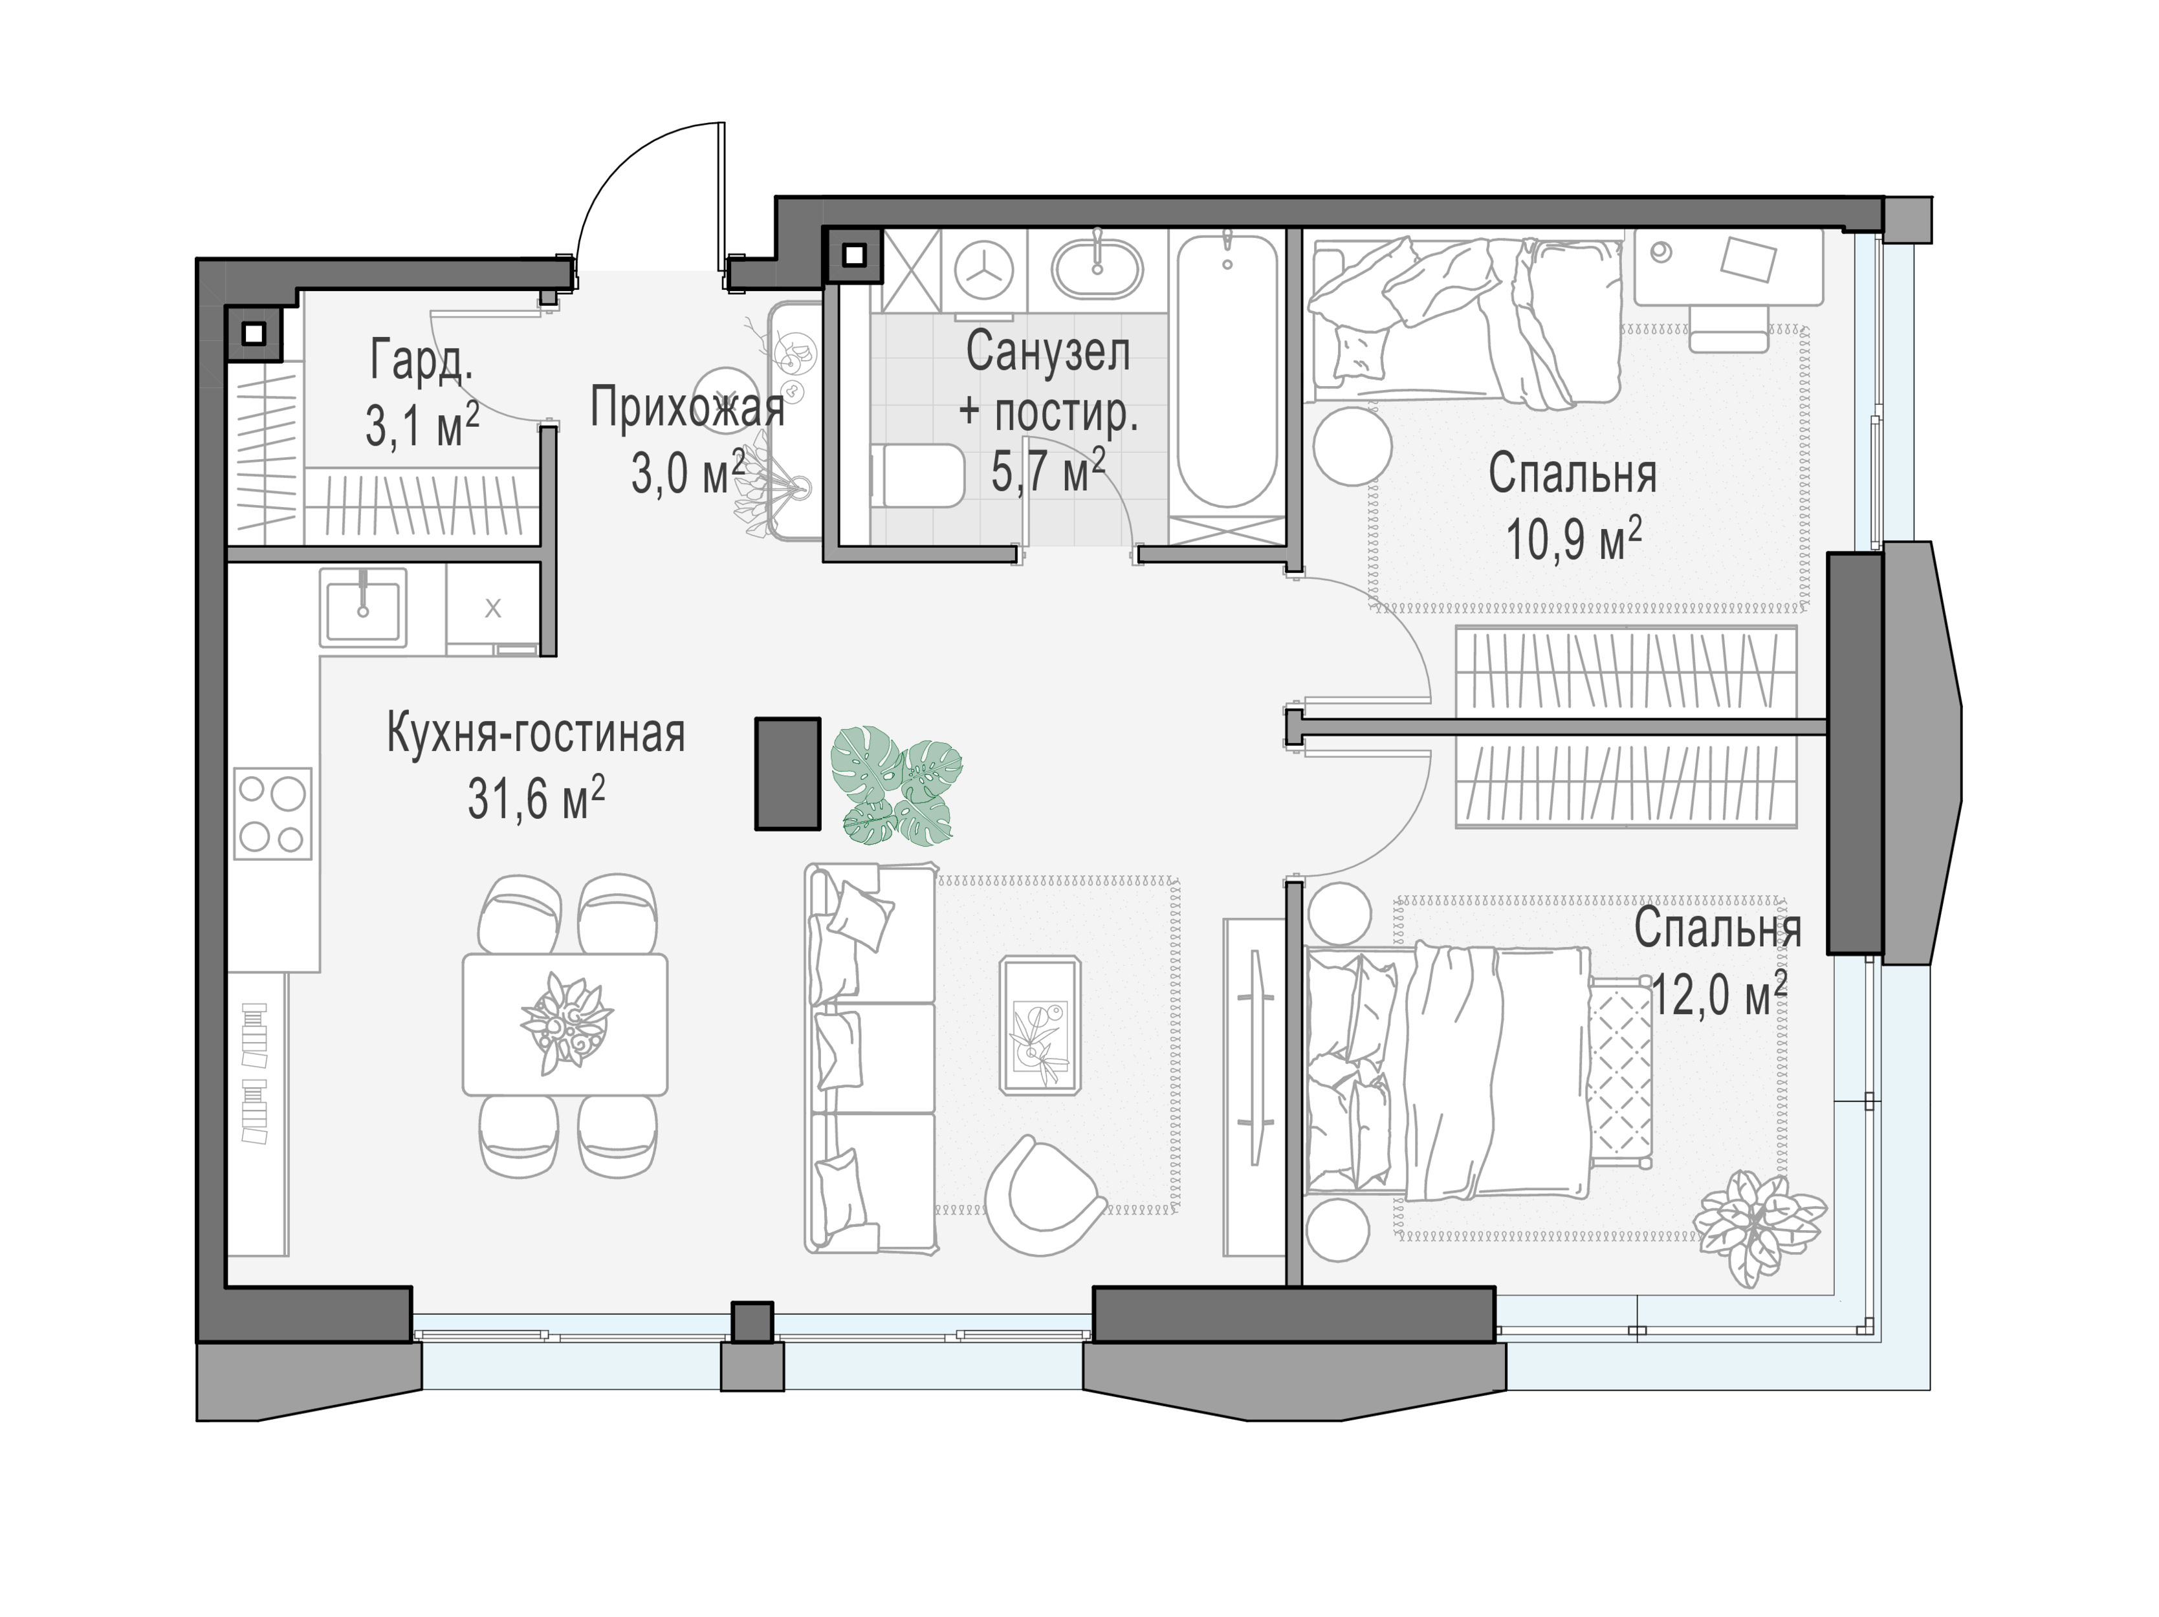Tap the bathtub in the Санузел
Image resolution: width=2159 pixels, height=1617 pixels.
click(x=1227, y=371)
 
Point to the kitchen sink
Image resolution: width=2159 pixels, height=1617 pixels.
click(x=363, y=607)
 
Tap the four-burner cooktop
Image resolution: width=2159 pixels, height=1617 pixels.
click(x=272, y=814)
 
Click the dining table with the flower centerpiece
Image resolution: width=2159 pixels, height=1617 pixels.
click(x=565, y=1025)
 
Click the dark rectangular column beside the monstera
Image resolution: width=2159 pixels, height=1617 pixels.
click(x=787, y=774)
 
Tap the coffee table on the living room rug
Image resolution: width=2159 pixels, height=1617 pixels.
click(x=1040, y=1025)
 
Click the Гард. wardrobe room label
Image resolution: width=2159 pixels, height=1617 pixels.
click(x=422, y=360)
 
